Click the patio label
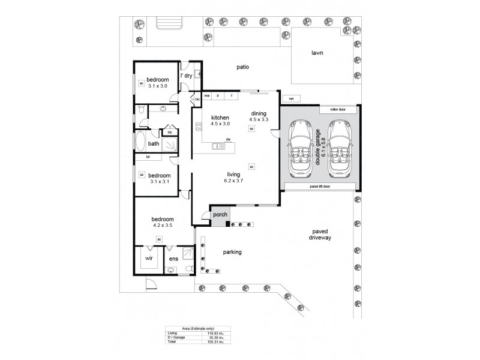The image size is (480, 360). (x=242, y=67)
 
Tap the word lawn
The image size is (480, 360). (x=317, y=53)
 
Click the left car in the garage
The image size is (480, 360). (x=299, y=148)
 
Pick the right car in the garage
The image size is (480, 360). (x=340, y=148)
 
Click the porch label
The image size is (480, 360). (x=218, y=214)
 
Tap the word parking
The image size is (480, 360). (x=232, y=252)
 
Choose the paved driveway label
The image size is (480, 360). (x=317, y=235)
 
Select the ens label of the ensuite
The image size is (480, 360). (x=173, y=259)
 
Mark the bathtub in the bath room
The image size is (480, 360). (x=140, y=143)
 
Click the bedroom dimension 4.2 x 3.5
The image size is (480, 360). (x=162, y=226)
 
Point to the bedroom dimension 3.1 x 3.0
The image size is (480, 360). (x=157, y=86)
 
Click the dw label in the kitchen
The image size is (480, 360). (x=229, y=140)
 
